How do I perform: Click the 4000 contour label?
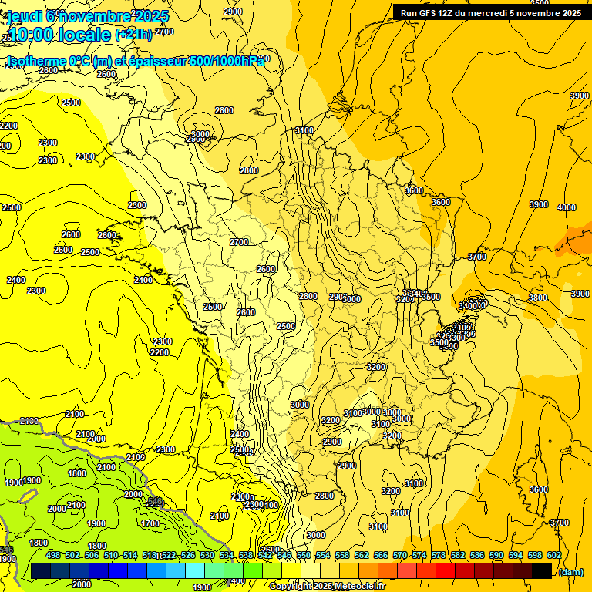point(567,207)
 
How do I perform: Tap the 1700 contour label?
point(150,523)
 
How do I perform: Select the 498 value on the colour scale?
point(53,555)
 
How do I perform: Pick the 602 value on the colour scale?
point(553,555)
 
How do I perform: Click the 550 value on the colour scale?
point(304,555)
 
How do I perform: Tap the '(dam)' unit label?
point(570,571)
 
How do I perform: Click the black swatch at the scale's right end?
point(542,570)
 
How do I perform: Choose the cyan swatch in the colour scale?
point(195,570)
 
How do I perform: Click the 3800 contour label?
point(537,298)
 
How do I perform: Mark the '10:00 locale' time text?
point(58,34)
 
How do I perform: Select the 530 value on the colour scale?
point(207,555)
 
